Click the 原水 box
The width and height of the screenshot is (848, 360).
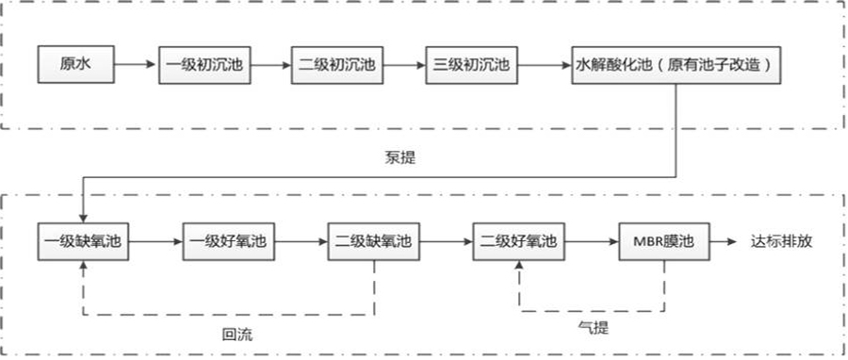click(73, 64)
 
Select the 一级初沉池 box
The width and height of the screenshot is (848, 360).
click(196, 64)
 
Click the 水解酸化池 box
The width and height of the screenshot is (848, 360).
click(674, 64)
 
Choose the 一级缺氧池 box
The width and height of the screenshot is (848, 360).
click(82, 242)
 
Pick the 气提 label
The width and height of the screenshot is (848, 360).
click(592, 325)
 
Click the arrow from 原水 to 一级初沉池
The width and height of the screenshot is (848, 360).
click(135, 64)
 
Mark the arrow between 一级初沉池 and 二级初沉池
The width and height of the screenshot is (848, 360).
click(263, 64)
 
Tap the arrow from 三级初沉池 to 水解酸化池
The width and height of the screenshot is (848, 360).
click(541, 64)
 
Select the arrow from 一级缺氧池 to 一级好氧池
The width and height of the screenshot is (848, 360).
click(155, 242)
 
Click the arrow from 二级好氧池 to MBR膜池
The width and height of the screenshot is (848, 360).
click(591, 242)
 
